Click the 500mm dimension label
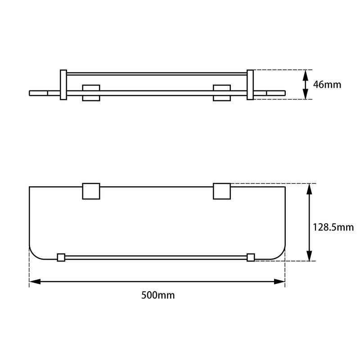tap(157, 296)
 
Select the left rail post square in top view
tap(61, 257)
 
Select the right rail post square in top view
tap(251, 257)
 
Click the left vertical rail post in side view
tap(63, 85)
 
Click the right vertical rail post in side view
tap(250, 85)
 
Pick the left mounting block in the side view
tap(91, 92)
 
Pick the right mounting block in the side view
tap(221, 92)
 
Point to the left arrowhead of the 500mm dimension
tap(34, 282)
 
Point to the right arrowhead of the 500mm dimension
tap(280, 282)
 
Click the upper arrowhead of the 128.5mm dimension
tap(309, 189)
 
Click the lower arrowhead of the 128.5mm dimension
tap(309, 256)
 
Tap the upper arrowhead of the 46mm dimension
tap(306, 74)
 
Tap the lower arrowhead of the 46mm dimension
tap(306, 95)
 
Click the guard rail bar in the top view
tap(156, 257)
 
